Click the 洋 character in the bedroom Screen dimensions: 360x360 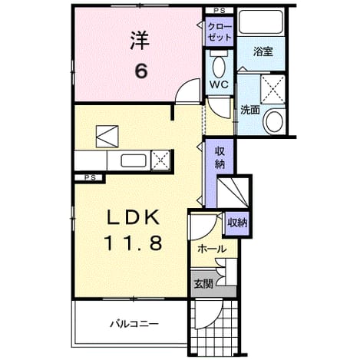coord(140,41)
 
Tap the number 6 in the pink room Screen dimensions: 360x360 coord(141,71)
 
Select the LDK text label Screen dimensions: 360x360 coord(133,218)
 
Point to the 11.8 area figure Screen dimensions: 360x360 coord(133,243)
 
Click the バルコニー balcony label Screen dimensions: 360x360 coord(134,324)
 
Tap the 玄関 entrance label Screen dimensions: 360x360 coord(203,284)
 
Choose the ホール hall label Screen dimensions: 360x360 coord(212,249)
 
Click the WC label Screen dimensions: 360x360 coord(219,84)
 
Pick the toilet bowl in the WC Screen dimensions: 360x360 coord(219,67)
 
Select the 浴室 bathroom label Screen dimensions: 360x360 coord(263,51)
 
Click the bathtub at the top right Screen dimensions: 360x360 coord(261,21)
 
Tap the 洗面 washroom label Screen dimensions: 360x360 coord(250,110)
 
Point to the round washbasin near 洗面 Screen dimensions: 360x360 coord(275,121)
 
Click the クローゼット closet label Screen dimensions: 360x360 coord(220,31)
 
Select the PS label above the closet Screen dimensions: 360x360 coord(220,11)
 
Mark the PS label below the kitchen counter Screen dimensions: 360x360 coord(90,177)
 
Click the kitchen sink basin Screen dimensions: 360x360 coord(133,160)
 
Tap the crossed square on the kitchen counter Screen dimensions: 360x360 coord(160,160)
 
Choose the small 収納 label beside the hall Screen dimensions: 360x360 coord(237,223)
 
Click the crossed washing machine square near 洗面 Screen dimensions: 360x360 coord(272,89)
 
